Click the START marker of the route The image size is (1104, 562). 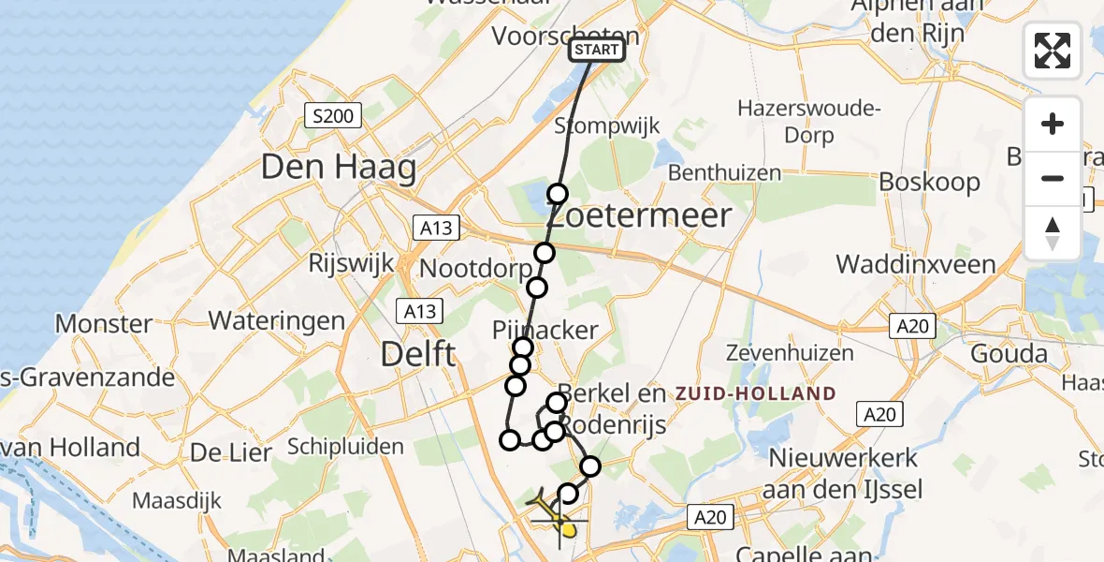[x=596, y=50]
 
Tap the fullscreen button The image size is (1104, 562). [x=1053, y=51]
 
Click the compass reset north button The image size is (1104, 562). [x=1053, y=233]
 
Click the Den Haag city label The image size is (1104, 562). [x=338, y=169]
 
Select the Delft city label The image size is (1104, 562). [x=418, y=355]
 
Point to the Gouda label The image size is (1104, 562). [x=1010, y=354]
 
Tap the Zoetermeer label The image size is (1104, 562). [x=638, y=216]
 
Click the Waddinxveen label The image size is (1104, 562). [x=916, y=264]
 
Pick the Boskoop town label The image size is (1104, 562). [x=930, y=182]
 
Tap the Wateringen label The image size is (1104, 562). [x=277, y=320]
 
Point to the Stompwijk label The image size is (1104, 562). [x=607, y=126]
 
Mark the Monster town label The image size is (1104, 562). [x=104, y=324]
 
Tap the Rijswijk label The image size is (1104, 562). [x=352, y=264]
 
